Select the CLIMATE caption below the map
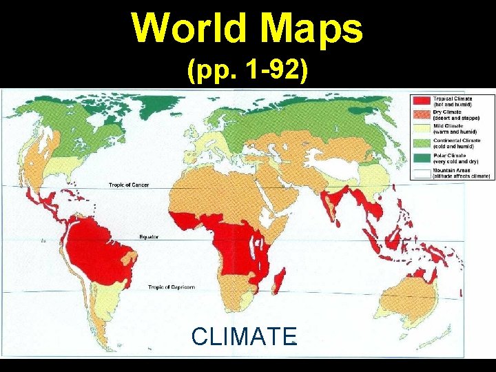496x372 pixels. pos(244,336)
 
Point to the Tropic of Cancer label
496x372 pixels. pos(129,185)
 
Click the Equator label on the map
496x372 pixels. pos(149,236)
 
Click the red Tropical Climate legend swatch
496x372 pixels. pos(422,101)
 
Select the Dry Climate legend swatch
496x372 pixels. pos(422,115)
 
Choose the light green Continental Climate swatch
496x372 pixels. pos(422,143)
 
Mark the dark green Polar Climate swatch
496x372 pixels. pos(422,158)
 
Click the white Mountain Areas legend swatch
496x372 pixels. pos(422,172)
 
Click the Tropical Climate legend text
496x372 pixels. pos(453,99)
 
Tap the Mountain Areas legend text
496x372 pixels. pos(451,170)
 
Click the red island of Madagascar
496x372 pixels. pos(280,282)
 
